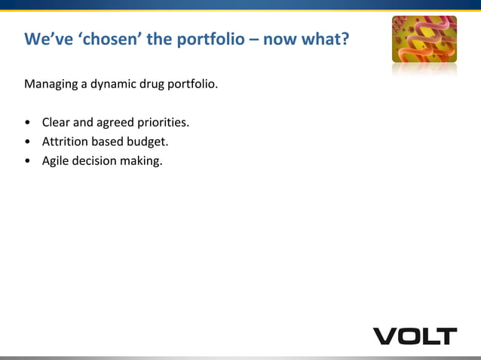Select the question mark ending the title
345,38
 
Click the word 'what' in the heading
321,38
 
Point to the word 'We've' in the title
46,38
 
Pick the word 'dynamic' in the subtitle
114,84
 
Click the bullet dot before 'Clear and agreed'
28,123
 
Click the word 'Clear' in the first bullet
56,122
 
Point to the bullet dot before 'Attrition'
28,142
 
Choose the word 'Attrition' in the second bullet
66,141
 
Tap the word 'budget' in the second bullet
146,141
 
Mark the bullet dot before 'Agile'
28,160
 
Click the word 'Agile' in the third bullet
56,160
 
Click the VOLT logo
415,336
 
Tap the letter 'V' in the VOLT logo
386,336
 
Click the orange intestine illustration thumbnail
424,40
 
